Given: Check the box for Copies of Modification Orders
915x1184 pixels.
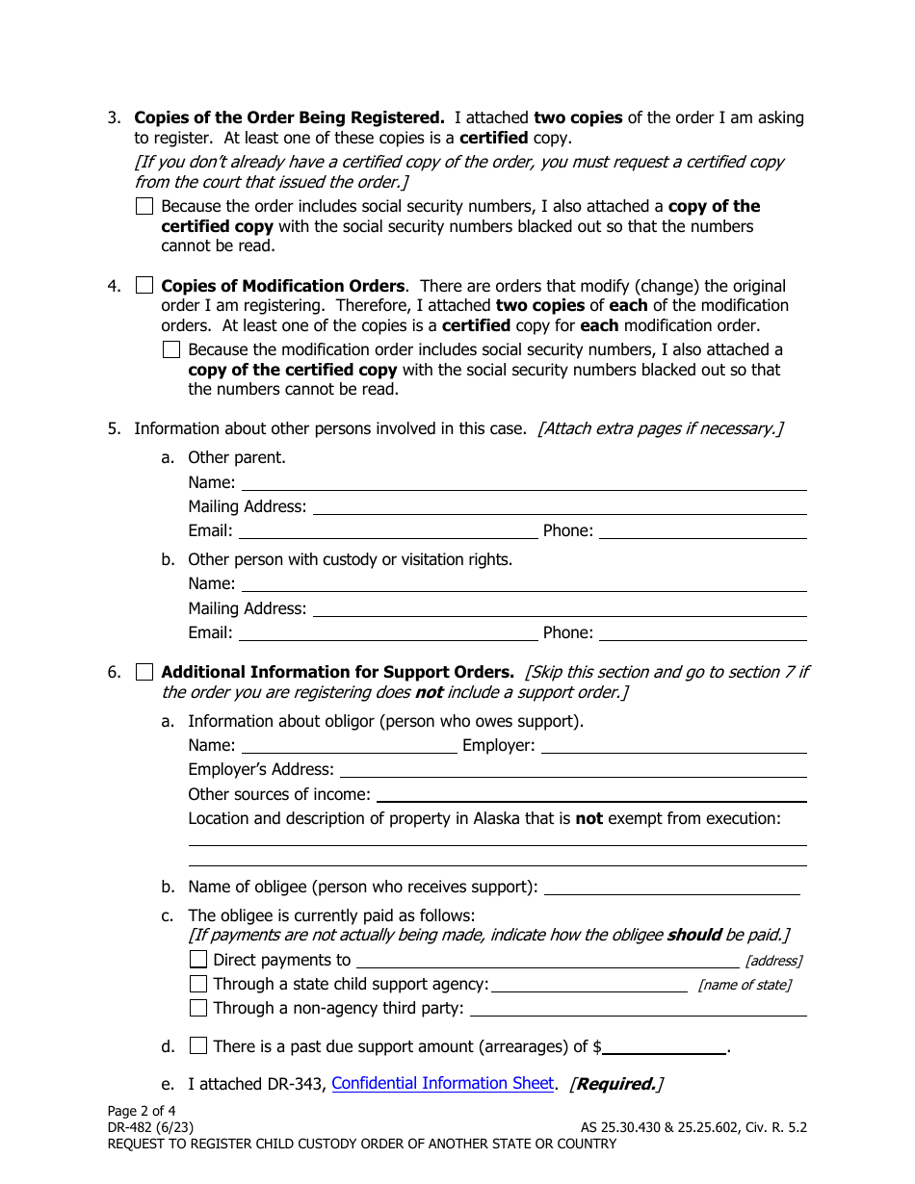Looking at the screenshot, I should point(144,286).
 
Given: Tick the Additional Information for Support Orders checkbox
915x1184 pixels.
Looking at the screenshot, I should point(144,672).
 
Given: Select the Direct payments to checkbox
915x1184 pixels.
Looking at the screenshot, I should point(198,960).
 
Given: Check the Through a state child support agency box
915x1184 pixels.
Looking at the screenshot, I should point(198,984).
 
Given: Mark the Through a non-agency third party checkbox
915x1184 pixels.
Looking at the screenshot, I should point(198,1009).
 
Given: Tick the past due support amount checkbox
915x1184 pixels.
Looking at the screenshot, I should point(198,1046).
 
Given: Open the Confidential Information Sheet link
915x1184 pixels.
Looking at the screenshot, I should point(443,1084).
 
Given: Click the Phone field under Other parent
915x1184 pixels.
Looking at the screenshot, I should point(702,530).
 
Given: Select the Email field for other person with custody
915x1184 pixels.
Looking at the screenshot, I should point(387,632).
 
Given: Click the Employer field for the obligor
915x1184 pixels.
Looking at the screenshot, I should point(673,745).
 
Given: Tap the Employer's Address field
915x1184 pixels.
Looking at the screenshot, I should point(573,769).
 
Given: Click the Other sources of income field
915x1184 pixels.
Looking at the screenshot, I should point(591,794).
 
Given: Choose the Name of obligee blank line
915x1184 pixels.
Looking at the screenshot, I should point(672,887).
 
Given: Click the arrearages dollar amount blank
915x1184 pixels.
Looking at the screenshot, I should point(665,1046).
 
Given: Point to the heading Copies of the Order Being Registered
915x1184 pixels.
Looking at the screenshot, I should point(289,118).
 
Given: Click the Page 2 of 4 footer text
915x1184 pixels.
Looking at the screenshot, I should point(142,1110).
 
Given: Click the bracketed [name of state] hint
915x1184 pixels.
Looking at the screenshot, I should point(745,985).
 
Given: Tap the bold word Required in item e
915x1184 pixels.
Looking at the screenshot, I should point(615,1084).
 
